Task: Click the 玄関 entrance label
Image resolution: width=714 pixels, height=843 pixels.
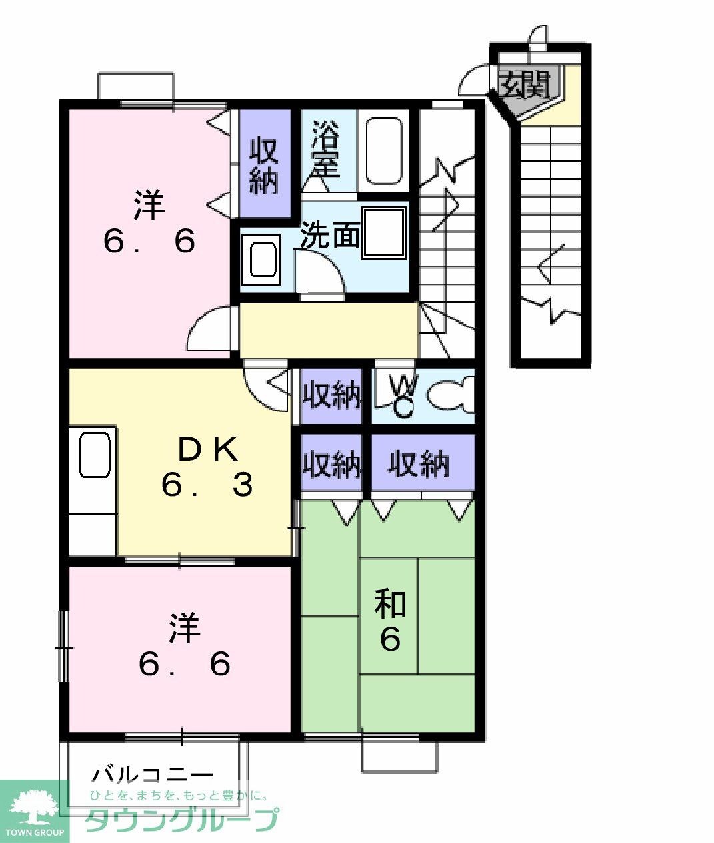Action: click(525, 85)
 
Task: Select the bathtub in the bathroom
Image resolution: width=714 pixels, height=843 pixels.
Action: click(384, 152)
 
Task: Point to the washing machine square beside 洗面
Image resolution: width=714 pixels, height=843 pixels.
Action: click(385, 232)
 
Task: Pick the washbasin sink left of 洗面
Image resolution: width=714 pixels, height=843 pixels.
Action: click(261, 260)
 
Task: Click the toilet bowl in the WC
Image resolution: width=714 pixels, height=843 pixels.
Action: click(451, 394)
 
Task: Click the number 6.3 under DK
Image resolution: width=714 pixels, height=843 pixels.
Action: click(207, 485)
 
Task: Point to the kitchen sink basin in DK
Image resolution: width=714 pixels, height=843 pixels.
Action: click(95, 455)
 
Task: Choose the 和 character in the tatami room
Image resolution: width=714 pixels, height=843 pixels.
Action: click(390, 604)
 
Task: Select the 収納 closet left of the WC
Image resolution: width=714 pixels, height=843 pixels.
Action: click(331, 395)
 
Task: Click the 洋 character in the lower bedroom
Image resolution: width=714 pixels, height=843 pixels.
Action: click(185, 628)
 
